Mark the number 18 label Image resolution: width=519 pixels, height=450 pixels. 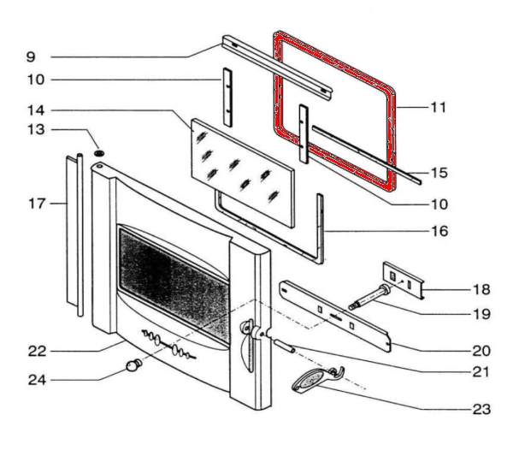(481, 290)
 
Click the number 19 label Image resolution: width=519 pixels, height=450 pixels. (481, 314)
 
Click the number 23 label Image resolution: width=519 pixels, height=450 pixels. (481, 408)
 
